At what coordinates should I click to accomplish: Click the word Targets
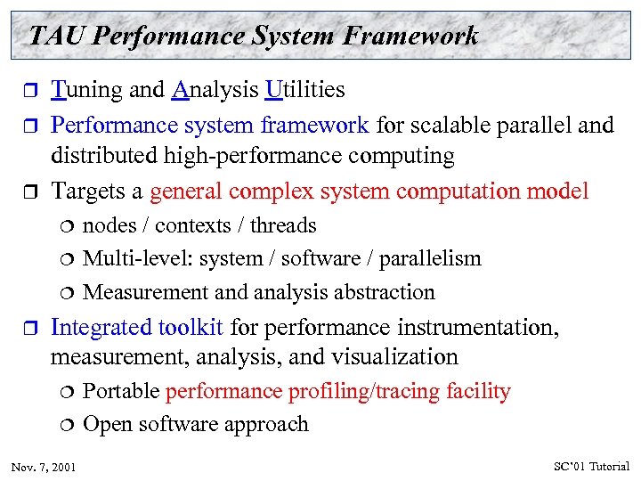coord(87,191)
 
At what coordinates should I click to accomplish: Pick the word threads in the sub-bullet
coord(283,226)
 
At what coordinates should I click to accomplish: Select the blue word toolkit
coord(190,327)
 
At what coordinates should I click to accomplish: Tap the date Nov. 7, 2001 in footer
coord(44,467)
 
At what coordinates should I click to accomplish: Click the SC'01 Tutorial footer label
coord(590,466)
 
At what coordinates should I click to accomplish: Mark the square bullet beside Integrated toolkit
coord(27,328)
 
